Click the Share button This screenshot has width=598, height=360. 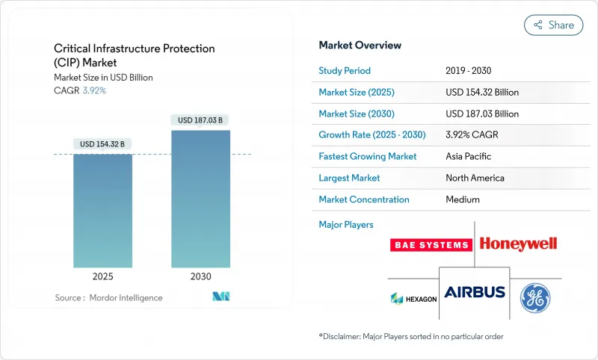[x=554, y=25]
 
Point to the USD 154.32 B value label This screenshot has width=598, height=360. [x=102, y=143]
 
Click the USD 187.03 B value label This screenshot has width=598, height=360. [x=200, y=120]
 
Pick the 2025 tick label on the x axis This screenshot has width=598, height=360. [x=102, y=276]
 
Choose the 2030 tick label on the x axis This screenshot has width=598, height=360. [x=200, y=276]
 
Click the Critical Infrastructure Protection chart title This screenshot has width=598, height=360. [x=135, y=55]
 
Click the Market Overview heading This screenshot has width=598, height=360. [x=360, y=46]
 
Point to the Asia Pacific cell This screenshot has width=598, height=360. [x=469, y=157]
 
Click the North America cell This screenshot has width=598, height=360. [x=475, y=179]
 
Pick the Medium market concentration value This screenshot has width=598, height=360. [x=462, y=199]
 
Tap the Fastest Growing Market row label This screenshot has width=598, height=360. [x=368, y=157]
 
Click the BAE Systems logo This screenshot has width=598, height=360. [x=431, y=244]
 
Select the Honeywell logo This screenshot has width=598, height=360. [x=518, y=243]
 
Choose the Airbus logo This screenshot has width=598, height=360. [x=475, y=292]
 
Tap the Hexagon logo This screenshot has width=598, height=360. [x=413, y=298]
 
